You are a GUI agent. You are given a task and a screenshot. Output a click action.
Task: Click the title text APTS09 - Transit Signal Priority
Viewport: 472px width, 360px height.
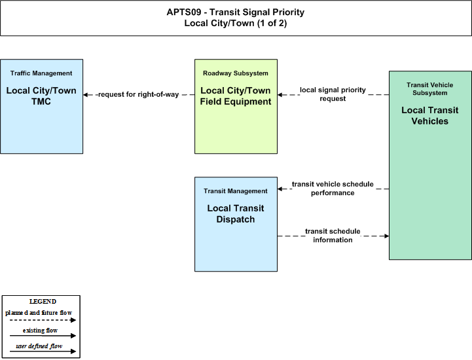point(236,12)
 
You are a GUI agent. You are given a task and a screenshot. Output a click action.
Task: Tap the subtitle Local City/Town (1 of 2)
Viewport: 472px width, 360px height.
point(236,23)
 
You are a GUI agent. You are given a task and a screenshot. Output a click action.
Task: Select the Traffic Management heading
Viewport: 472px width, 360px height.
point(41,73)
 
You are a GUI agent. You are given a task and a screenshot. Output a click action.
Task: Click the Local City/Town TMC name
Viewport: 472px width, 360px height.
point(41,96)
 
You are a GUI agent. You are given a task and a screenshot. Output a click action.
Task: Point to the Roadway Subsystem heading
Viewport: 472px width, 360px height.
point(236,73)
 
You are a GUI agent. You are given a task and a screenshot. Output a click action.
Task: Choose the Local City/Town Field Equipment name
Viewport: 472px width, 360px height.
point(236,96)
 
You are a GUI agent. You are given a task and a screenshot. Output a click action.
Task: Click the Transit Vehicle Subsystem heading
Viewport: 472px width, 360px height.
point(430,89)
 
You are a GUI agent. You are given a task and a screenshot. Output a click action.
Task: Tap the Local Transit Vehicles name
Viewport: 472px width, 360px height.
point(430,116)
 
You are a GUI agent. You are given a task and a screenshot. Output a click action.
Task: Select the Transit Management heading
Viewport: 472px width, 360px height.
point(236,191)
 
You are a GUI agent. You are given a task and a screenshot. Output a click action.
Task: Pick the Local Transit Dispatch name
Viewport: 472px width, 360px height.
point(236,214)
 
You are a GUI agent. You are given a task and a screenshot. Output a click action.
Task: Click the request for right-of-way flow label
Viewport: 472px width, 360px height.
point(139,94)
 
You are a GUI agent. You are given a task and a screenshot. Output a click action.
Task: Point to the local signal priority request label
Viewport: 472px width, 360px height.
point(333,94)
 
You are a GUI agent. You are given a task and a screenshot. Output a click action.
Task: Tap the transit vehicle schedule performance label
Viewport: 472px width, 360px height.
point(333,189)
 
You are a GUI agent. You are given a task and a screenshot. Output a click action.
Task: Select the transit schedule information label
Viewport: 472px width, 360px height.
point(333,236)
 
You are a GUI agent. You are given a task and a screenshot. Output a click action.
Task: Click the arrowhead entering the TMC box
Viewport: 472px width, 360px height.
point(86,95)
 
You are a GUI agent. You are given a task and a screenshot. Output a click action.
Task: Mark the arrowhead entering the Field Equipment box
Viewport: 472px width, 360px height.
point(280,95)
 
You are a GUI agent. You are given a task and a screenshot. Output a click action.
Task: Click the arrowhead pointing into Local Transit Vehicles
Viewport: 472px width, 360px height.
point(386,236)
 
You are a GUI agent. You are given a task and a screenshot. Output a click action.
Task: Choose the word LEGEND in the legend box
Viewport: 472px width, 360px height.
point(43,301)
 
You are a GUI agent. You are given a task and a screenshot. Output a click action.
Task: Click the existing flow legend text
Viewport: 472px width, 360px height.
point(40,330)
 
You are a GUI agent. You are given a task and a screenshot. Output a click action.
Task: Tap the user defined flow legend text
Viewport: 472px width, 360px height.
point(39,346)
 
